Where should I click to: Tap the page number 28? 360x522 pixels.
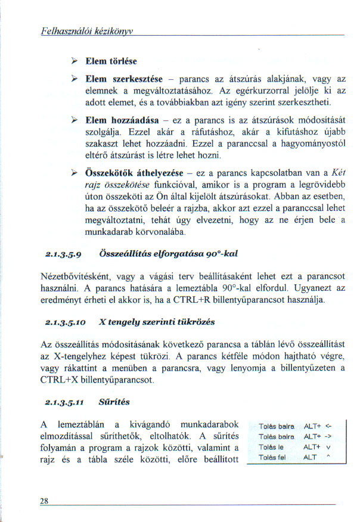(44, 501)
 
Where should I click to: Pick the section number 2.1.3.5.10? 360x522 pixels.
(64, 322)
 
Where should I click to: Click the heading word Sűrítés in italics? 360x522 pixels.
(119, 402)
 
